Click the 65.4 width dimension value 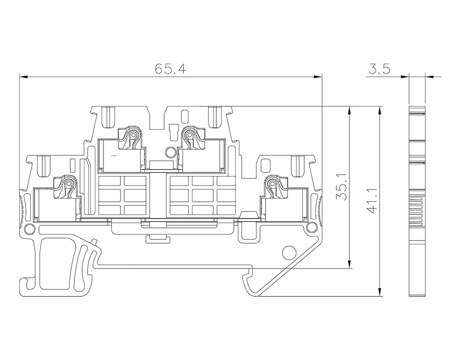pos(171,69)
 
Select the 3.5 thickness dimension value pos(379,69)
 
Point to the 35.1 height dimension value pos(341,187)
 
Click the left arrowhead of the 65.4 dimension pos(24,77)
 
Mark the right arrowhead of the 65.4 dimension pos(318,77)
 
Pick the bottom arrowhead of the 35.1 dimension pos(349,264)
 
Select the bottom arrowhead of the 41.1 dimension pos(380,292)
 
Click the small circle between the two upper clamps pos(170,152)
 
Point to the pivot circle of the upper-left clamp pos(133,135)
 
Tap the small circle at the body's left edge pos(29,228)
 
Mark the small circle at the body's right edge pos(310,228)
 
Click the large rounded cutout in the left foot pos(55,264)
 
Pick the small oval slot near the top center pos(184,116)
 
